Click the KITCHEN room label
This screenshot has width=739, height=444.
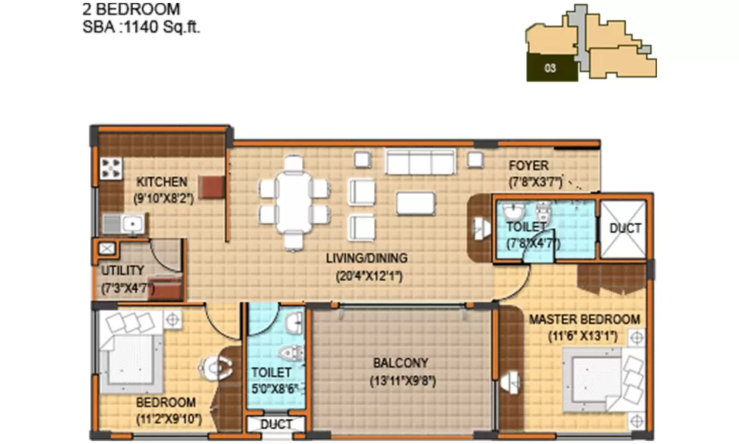point(162,182)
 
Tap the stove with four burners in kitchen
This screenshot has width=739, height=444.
point(111,169)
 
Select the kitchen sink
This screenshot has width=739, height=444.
point(126,222)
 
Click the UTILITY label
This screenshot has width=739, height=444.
point(123,271)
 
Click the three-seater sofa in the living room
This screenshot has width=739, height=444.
point(419,162)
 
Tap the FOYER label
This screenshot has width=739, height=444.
point(528,166)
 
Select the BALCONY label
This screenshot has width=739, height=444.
point(400,363)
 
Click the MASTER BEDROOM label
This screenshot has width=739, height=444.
point(585,319)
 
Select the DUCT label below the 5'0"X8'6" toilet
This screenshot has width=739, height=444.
point(276,425)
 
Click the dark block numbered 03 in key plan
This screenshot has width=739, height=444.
point(551,68)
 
